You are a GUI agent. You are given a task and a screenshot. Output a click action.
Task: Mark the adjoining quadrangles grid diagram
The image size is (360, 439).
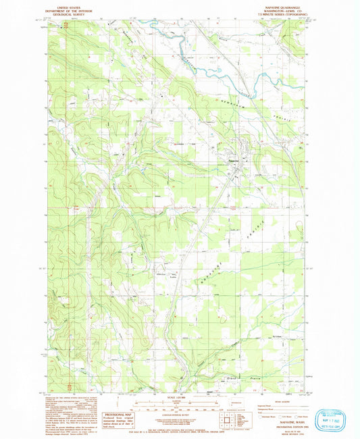click(237, 419)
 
